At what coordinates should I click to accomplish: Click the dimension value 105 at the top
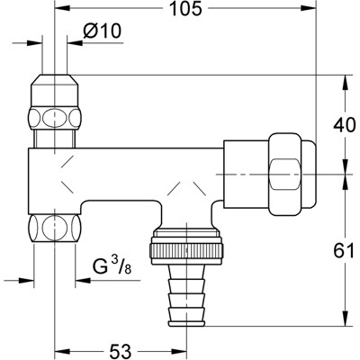[x=184, y=11]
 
